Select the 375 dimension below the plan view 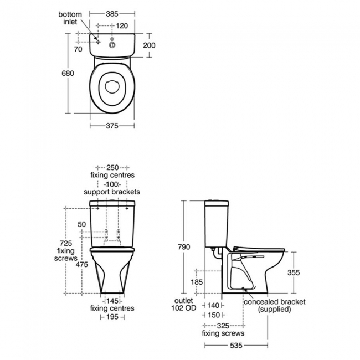(x=112, y=126)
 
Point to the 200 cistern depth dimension (x=148, y=45)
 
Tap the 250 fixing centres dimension (x=112, y=167)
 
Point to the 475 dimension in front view (x=82, y=265)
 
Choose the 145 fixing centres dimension (x=112, y=301)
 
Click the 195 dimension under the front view (x=112, y=317)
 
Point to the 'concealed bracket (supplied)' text (x=274, y=305)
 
